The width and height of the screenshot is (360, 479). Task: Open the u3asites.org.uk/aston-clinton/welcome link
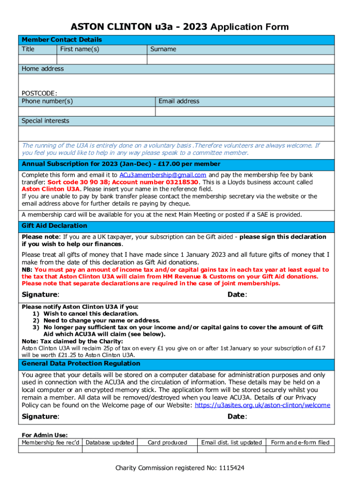pos(262,405)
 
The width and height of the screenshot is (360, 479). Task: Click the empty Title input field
pos(37,59)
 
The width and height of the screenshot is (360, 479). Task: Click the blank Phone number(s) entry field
pos(86,111)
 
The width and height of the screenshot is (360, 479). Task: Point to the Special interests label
pos(45,121)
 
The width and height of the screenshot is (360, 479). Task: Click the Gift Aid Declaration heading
pos(54,225)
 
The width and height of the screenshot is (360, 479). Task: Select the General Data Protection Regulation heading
pos(81,363)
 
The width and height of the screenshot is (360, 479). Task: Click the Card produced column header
pos(167,443)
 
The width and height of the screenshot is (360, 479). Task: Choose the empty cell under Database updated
pos(110,450)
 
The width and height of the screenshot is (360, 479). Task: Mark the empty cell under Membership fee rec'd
pos(51,450)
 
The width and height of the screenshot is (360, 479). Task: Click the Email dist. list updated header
pos(231,443)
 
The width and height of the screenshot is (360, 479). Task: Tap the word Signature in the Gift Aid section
pos(40,295)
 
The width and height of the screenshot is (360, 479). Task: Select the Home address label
pos(43,69)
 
